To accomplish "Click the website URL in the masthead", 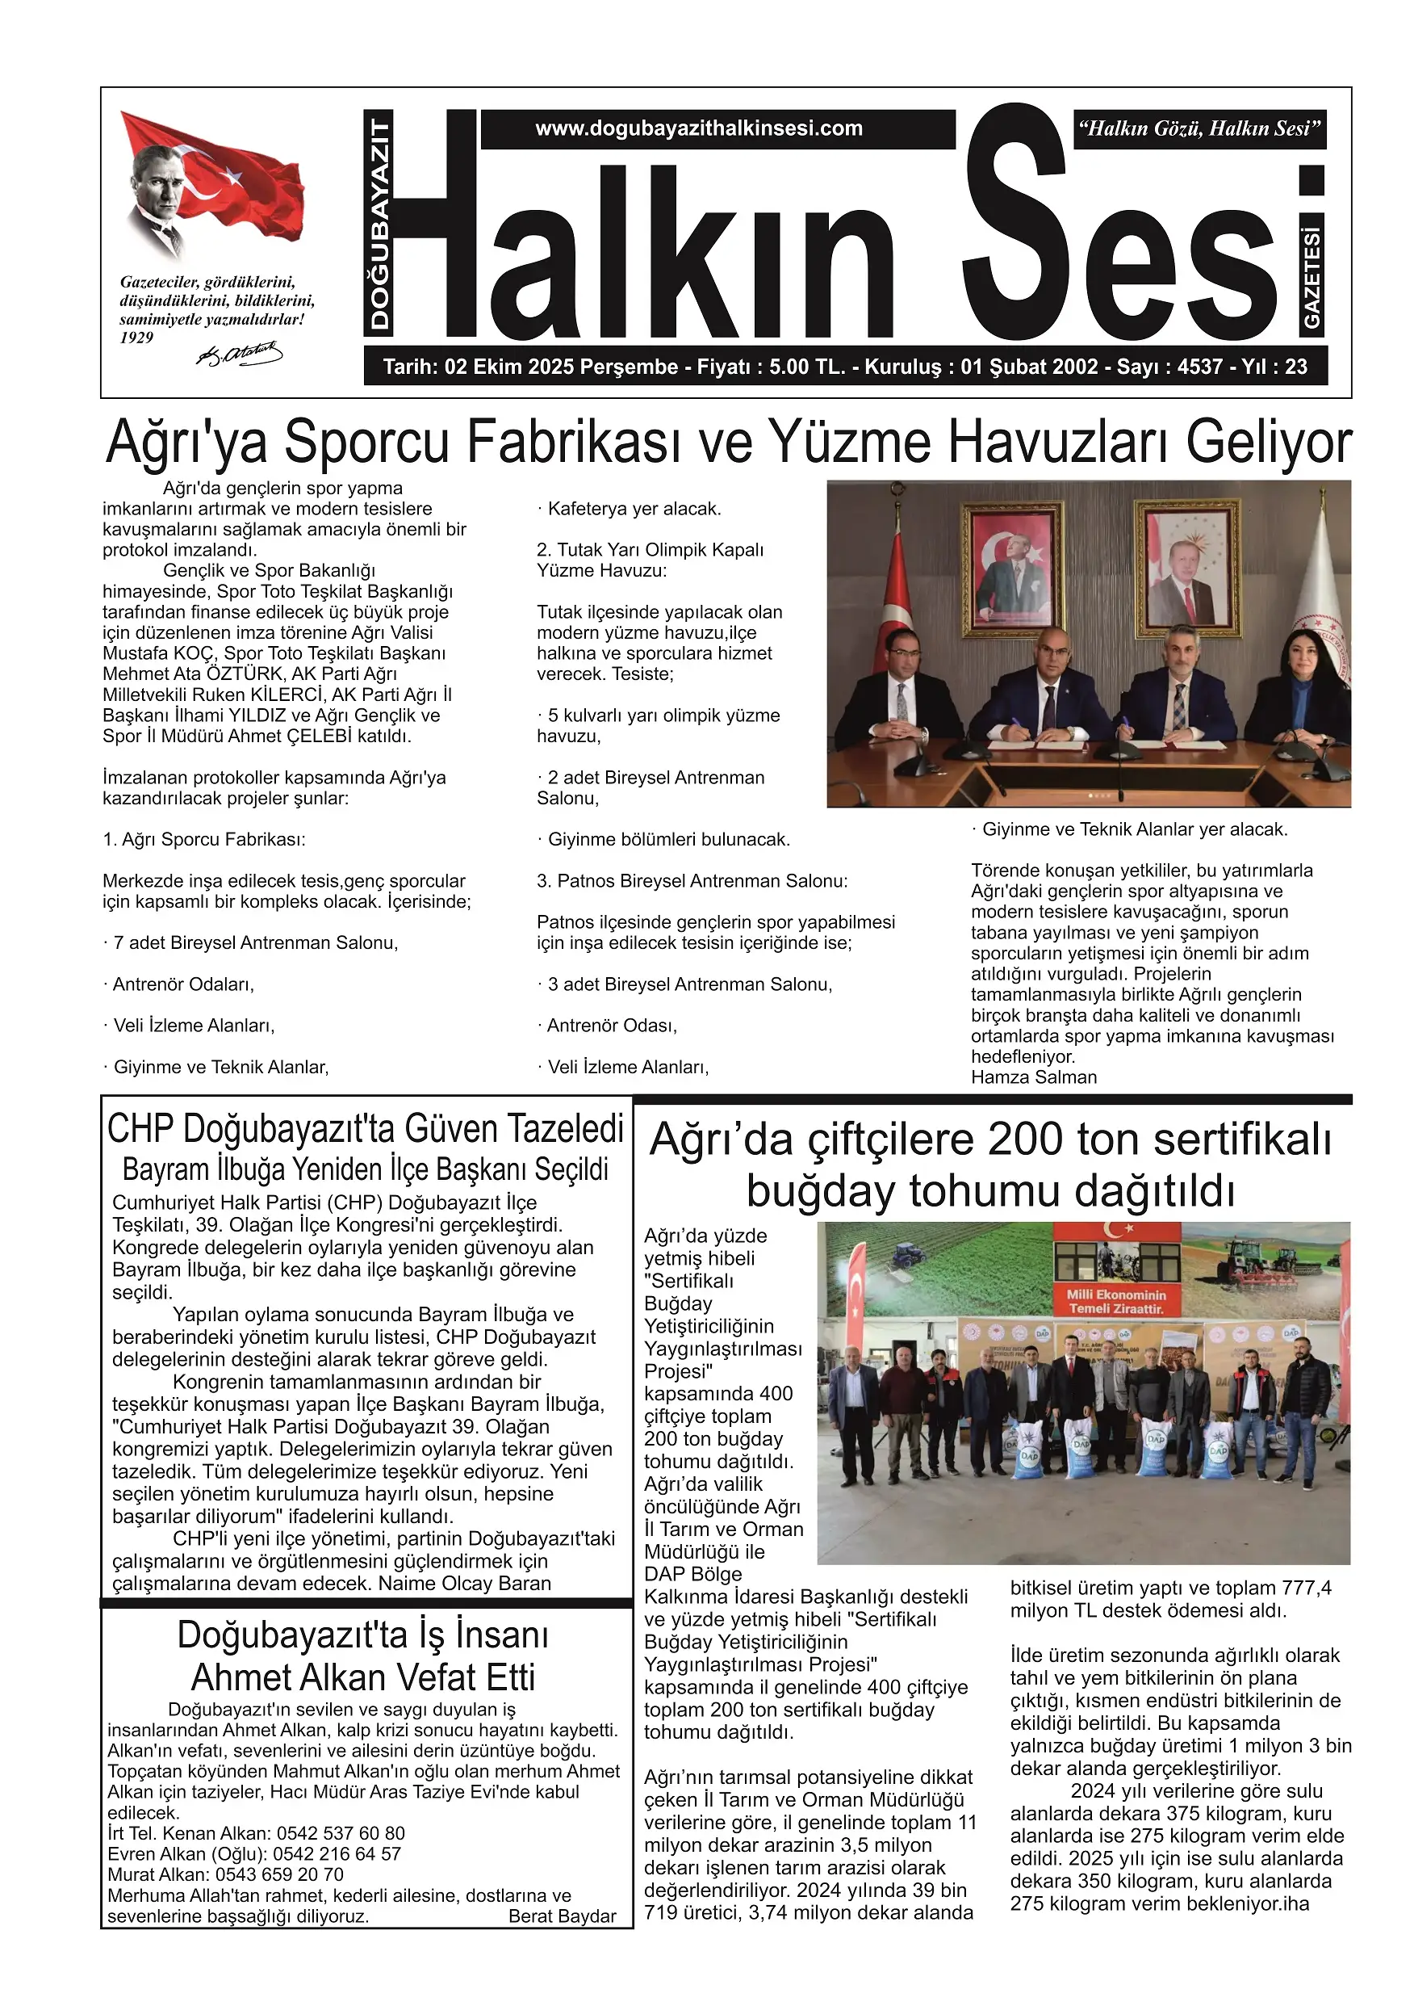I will click(x=699, y=129).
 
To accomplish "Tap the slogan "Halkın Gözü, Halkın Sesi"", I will click(x=1199, y=129).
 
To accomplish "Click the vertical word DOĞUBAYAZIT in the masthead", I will click(x=379, y=225).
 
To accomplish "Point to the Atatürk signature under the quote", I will click(x=238, y=354).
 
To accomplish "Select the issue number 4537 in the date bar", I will click(x=1200, y=367).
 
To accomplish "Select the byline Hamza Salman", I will click(x=1033, y=1077).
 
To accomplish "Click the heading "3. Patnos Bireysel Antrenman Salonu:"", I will click(x=692, y=881).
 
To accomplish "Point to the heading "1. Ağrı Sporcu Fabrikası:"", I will click(x=204, y=840).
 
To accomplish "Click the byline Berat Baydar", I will click(x=562, y=1916).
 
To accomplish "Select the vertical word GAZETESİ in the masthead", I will click(x=1312, y=278).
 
